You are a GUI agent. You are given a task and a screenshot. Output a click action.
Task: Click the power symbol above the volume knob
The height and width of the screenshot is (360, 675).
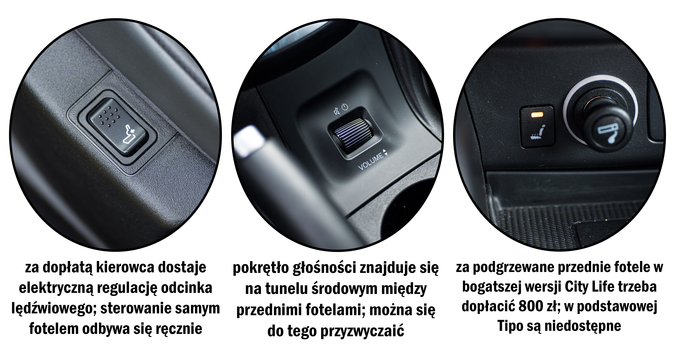pos(345,107)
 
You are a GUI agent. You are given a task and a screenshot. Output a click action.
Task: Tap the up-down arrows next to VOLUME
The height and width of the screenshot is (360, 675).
pos(385,152)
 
